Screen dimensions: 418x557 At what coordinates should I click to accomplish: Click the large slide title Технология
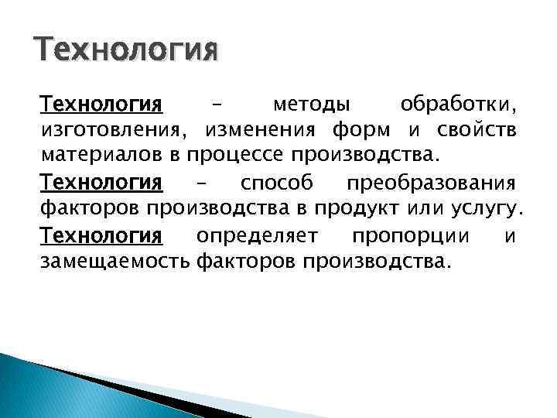(127, 53)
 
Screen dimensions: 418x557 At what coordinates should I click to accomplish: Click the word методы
(311, 104)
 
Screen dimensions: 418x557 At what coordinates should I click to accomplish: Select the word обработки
(460, 104)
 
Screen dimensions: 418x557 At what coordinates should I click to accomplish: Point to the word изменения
(258, 128)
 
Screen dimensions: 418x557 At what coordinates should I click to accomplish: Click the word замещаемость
(114, 260)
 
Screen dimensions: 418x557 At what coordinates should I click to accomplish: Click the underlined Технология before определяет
(101, 235)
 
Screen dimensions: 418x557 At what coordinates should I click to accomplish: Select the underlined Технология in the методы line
(101, 103)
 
